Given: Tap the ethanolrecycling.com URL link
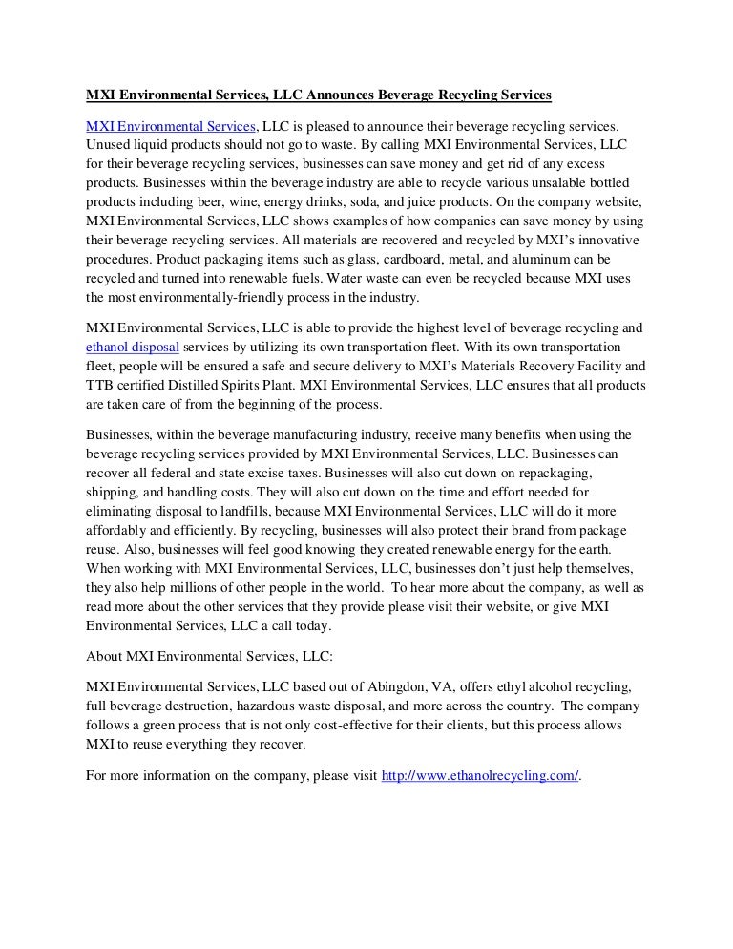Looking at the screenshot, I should click(x=480, y=776).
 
